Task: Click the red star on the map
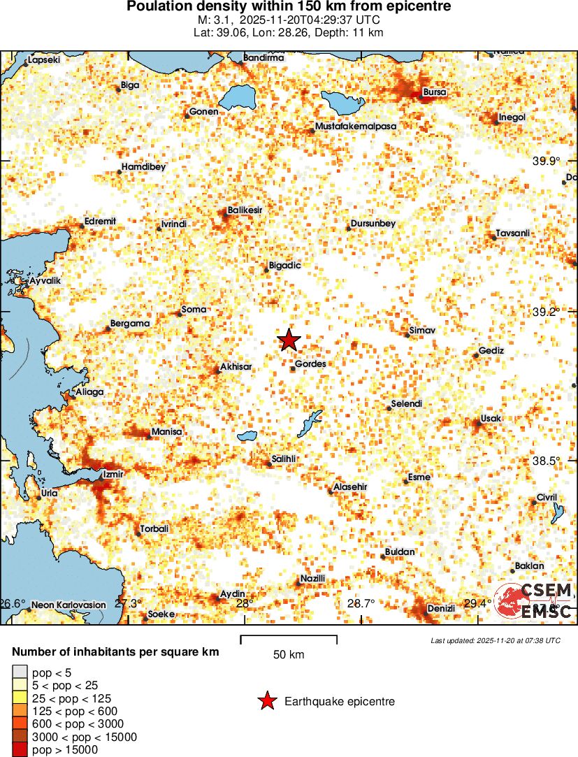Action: [x=289, y=340]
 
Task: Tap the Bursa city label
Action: [x=435, y=92]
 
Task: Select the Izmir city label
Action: [x=113, y=474]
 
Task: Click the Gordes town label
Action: [x=310, y=363]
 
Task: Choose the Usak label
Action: [x=491, y=418]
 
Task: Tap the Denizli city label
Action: [x=441, y=608]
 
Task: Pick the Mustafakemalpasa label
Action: [x=356, y=126]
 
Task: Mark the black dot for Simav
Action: [x=407, y=336]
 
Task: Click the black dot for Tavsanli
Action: [x=493, y=238]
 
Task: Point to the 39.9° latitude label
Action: [x=547, y=161]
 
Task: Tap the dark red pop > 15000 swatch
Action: [x=19, y=750]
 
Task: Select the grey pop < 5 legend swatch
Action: [x=19, y=672]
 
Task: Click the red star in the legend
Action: [x=267, y=701]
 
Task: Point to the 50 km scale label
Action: [x=288, y=655]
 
